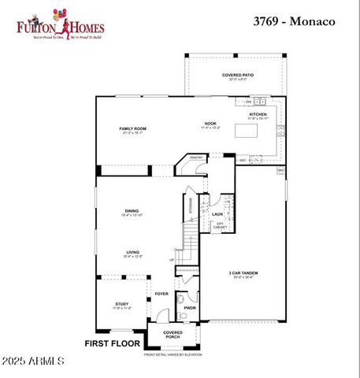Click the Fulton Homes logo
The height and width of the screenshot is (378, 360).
(61, 24)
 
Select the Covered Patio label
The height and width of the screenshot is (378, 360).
(238, 76)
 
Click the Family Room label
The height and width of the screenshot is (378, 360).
(132, 128)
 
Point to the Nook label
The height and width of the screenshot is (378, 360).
(210, 124)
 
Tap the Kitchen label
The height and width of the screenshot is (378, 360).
(258, 114)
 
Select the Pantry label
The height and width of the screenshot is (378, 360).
(196, 157)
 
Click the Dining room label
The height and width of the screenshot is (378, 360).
(132, 210)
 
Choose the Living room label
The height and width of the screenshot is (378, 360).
(132, 253)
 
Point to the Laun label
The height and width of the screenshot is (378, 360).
(217, 213)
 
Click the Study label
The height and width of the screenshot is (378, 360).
(121, 304)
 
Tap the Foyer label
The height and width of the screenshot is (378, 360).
(161, 294)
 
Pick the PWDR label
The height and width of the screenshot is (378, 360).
(190, 308)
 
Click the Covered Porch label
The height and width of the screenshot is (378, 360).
(173, 335)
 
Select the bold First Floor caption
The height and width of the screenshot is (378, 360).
(112, 343)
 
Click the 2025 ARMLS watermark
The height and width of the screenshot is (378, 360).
(34, 361)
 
